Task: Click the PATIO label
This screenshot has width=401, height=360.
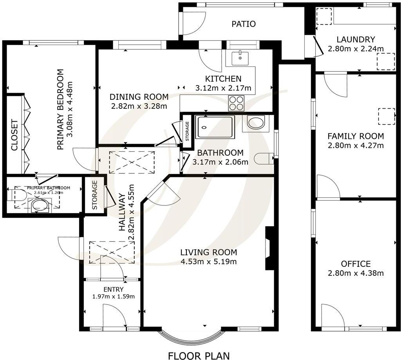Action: click(x=243, y=24)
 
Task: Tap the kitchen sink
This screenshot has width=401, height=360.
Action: click(x=240, y=58)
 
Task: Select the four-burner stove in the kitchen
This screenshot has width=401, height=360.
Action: click(x=236, y=103)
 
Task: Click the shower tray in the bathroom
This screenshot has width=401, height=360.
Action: click(x=216, y=127)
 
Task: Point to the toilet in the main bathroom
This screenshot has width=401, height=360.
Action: click(x=263, y=158)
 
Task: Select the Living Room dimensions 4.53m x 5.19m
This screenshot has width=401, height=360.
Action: click(x=208, y=262)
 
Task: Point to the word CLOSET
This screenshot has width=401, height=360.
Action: click(x=14, y=135)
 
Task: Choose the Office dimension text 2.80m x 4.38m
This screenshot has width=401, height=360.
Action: click(x=356, y=273)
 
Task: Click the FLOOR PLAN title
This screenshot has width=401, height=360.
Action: click(x=199, y=355)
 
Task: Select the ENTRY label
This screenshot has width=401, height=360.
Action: click(x=114, y=289)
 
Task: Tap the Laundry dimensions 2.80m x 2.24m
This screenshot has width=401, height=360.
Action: click(x=356, y=49)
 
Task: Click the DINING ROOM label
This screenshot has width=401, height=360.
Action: click(x=139, y=97)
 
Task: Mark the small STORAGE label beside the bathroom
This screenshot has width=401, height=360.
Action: click(x=187, y=131)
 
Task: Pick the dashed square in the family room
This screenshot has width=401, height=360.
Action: click(x=386, y=116)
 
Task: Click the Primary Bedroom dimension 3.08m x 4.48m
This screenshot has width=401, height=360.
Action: click(x=70, y=110)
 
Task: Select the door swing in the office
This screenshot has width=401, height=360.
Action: click(x=332, y=316)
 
